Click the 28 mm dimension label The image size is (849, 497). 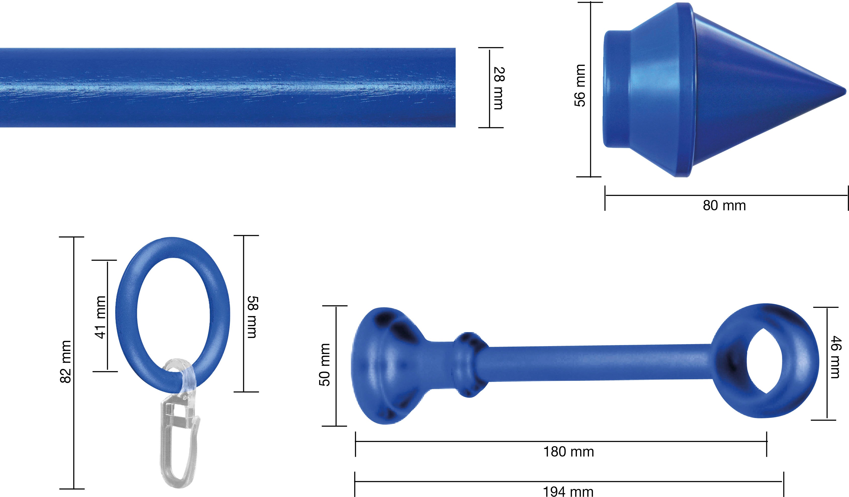[x=499, y=88]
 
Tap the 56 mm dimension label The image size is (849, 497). [x=580, y=86]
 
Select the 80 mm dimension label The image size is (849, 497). [x=724, y=205]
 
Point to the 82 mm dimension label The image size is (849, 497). [x=66, y=361]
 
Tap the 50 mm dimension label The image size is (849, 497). [x=324, y=365]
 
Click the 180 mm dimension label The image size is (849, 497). [x=569, y=452]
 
